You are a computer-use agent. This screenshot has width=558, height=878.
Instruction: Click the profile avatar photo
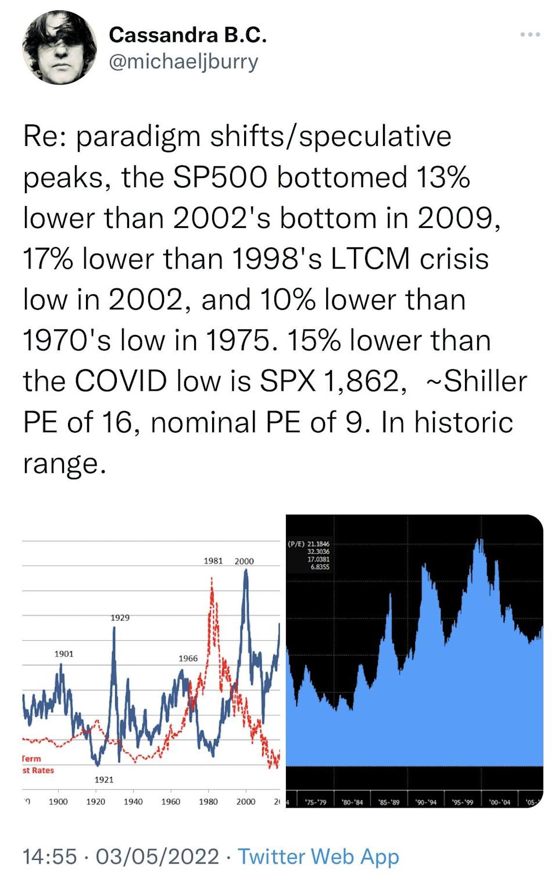[59, 48]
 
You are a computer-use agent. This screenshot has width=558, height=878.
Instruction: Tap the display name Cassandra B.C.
[188, 35]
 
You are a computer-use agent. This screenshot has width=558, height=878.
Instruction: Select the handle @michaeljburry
[184, 62]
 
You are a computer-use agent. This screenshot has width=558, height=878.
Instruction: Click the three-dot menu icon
[530, 35]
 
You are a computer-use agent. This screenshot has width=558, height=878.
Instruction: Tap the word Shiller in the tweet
[485, 381]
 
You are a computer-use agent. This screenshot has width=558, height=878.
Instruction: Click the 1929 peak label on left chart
[120, 618]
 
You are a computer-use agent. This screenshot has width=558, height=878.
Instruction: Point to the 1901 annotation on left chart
[64, 654]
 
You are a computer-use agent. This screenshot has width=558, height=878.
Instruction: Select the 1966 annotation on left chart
[188, 658]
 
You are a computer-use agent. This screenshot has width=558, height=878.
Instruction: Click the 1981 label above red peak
[213, 561]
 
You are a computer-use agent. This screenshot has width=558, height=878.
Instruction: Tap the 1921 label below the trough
[104, 779]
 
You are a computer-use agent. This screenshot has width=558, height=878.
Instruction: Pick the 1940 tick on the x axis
[133, 801]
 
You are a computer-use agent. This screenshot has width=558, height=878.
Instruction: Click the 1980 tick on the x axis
[208, 801]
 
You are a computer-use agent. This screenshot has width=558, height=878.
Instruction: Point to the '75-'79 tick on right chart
[316, 802]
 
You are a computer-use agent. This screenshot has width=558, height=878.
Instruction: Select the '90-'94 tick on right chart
[426, 802]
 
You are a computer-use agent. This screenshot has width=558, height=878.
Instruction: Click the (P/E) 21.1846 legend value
[309, 544]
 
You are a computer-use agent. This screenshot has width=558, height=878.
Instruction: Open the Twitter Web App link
[319, 856]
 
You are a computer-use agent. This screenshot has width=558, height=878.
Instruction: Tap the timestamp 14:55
[49, 856]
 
